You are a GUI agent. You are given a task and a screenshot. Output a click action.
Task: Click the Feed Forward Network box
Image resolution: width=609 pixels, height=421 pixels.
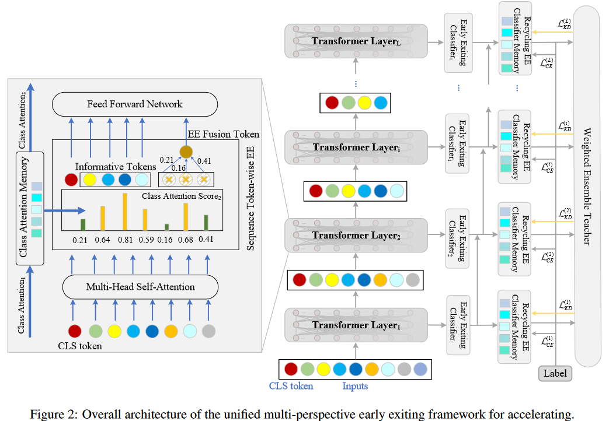coord(135,104)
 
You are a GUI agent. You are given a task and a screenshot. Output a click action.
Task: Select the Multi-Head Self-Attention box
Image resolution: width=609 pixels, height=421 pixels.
coord(140,287)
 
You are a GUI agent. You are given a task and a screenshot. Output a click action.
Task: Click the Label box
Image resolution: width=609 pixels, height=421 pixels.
coord(554,374)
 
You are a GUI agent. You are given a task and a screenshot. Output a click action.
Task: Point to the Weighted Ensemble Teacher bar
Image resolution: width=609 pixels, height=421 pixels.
coord(586,187)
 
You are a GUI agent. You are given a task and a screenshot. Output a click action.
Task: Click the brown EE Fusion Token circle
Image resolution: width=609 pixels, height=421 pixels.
coord(186,152)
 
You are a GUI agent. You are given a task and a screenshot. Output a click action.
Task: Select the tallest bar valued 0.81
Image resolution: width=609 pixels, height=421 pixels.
coord(124,211)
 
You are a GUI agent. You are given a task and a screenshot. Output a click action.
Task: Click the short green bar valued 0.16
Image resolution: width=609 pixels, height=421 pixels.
coord(166,227)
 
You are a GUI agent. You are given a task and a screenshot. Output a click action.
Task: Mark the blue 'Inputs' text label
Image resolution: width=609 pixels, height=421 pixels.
coord(355,386)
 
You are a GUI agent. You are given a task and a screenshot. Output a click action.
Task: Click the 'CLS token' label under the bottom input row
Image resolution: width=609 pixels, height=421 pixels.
coord(291,386)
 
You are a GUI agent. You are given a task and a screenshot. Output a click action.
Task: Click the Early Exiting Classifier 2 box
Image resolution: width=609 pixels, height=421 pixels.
coord(457,238)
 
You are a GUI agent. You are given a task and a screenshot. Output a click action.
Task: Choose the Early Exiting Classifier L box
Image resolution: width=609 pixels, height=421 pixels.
coord(457,43)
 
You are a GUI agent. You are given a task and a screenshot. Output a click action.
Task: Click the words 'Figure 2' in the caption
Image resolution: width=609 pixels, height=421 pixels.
coord(52,415)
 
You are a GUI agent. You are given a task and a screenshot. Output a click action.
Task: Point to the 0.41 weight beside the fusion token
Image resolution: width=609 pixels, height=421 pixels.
coord(205,162)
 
